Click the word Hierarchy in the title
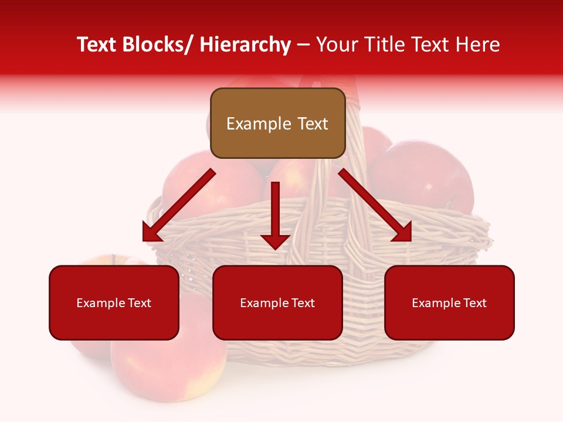pos(245,45)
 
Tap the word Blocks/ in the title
pos(158,45)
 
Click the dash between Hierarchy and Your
pos(303,45)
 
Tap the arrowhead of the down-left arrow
pos(151,233)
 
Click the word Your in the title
pos(336,45)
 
